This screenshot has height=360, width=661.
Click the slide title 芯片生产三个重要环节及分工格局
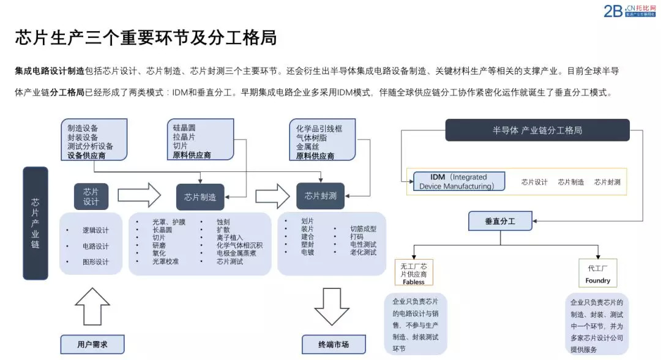pyautogui.click(x=146, y=37)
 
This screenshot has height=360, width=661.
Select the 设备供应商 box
pyautogui.click(x=94, y=140)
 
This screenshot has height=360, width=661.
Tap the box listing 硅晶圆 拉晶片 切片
pyautogui.click(x=200, y=140)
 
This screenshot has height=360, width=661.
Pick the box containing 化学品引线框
pyautogui.click(x=323, y=140)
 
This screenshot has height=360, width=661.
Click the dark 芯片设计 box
pyautogui.click(x=91, y=197)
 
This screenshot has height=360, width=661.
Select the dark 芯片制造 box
pyautogui.click(x=200, y=197)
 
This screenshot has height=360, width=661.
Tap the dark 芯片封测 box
pyautogui.click(x=320, y=197)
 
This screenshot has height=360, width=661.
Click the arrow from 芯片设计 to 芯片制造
pyautogui.click(x=139, y=195)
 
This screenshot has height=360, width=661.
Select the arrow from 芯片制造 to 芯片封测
pyautogui.click(x=272, y=196)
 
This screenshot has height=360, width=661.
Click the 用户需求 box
pyautogui.click(x=92, y=344)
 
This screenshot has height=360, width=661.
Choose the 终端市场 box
pyautogui.click(x=334, y=344)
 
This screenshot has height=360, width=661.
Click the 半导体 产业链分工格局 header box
pyautogui.click(x=537, y=130)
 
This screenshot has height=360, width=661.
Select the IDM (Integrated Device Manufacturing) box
pyautogui.click(x=459, y=182)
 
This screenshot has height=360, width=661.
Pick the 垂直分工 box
pyautogui.click(x=500, y=221)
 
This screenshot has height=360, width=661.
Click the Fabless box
pyautogui.click(x=414, y=274)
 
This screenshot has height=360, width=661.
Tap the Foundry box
pyautogui.click(x=598, y=273)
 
